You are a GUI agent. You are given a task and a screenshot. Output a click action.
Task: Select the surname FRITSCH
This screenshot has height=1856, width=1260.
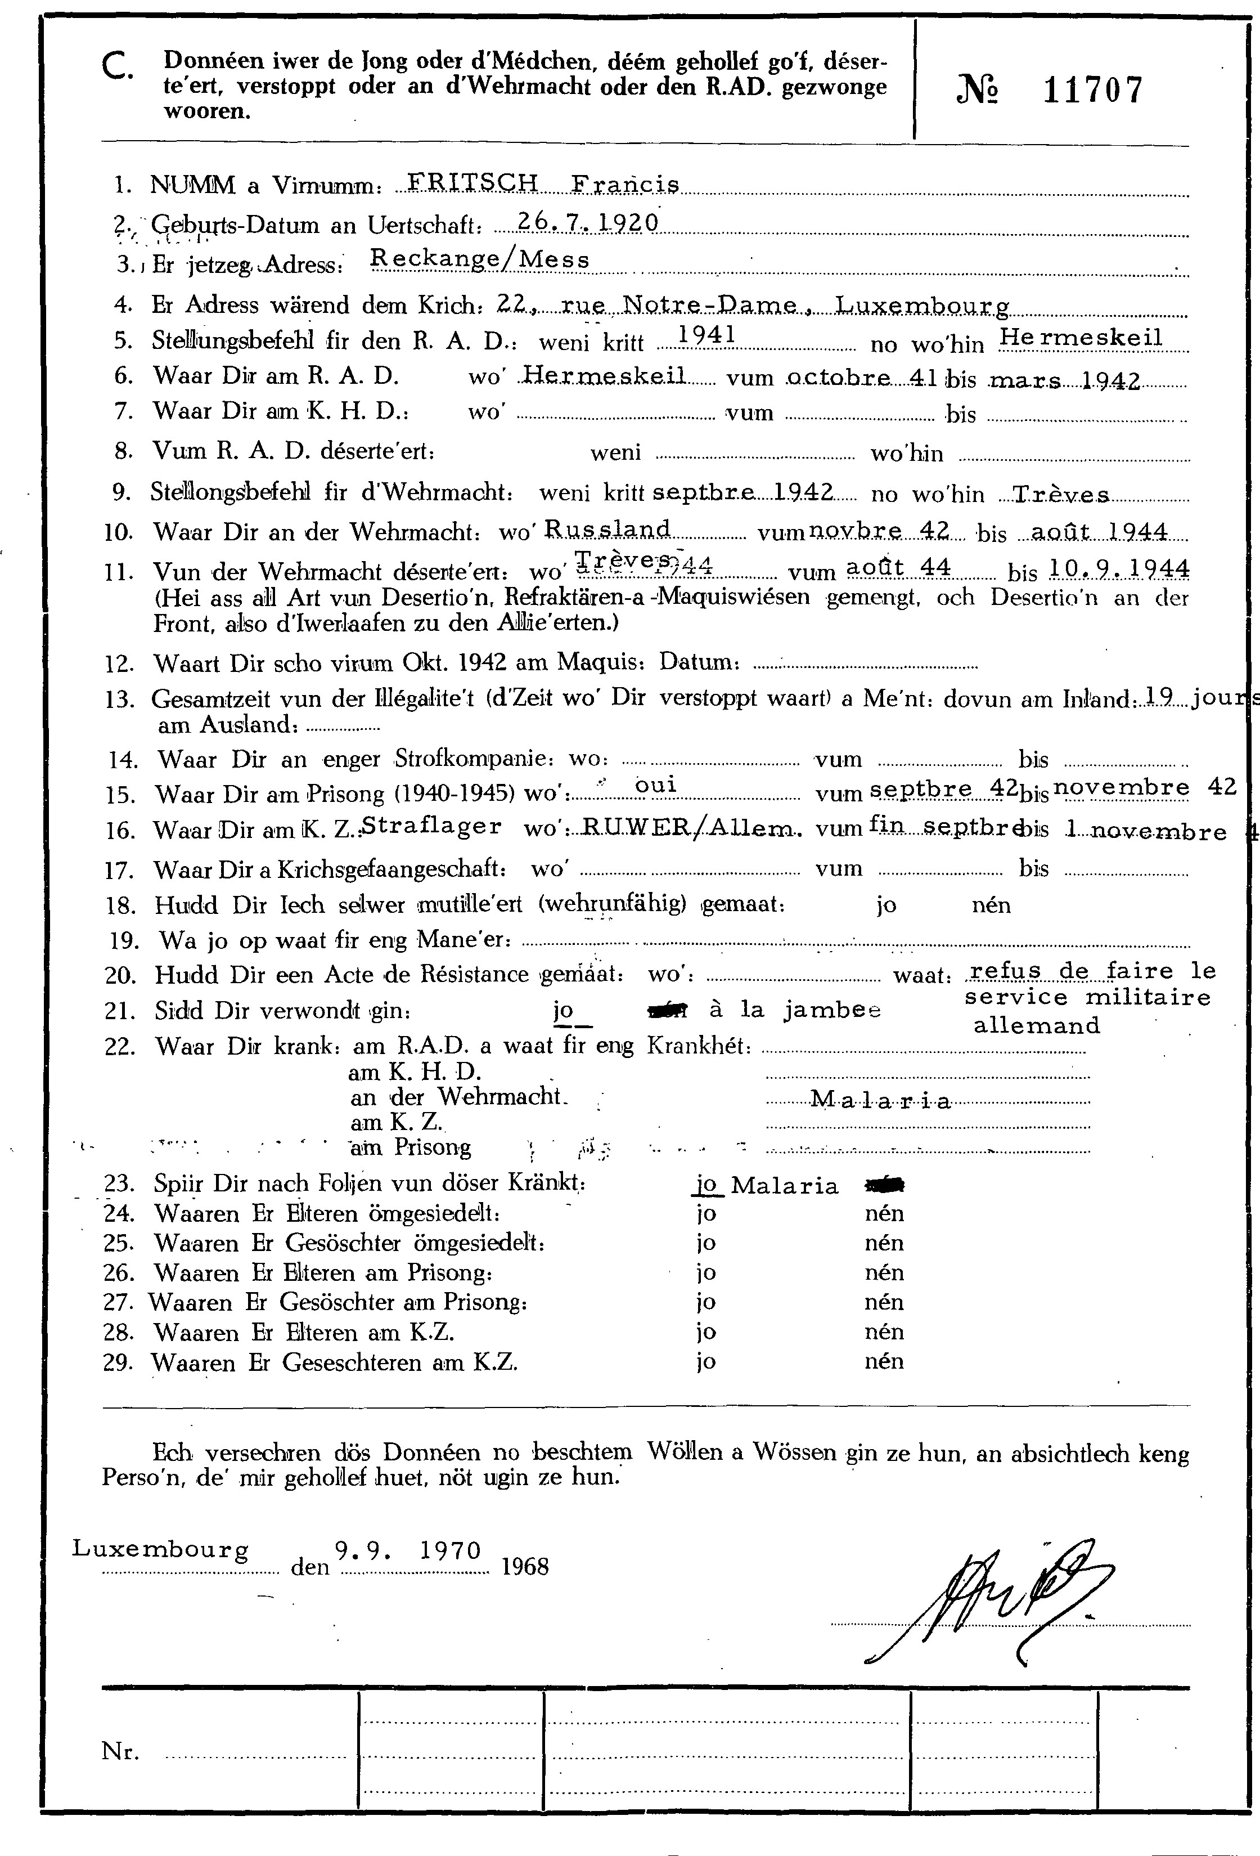tap(472, 183)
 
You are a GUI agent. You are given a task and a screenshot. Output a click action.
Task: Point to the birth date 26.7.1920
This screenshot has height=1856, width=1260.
tap(587, 222)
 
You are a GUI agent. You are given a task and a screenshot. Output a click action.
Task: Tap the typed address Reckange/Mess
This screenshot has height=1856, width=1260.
tap(480, 259)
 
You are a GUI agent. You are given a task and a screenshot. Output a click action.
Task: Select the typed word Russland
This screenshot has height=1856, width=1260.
tap(607, 528)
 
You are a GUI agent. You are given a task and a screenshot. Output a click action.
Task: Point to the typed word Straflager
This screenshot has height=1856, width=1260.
tap(432, 826)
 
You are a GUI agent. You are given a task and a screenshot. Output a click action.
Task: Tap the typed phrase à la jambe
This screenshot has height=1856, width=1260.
tap(794, 1010)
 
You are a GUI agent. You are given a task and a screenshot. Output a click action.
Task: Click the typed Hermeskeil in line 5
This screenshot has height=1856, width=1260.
tap(1081, 337)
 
